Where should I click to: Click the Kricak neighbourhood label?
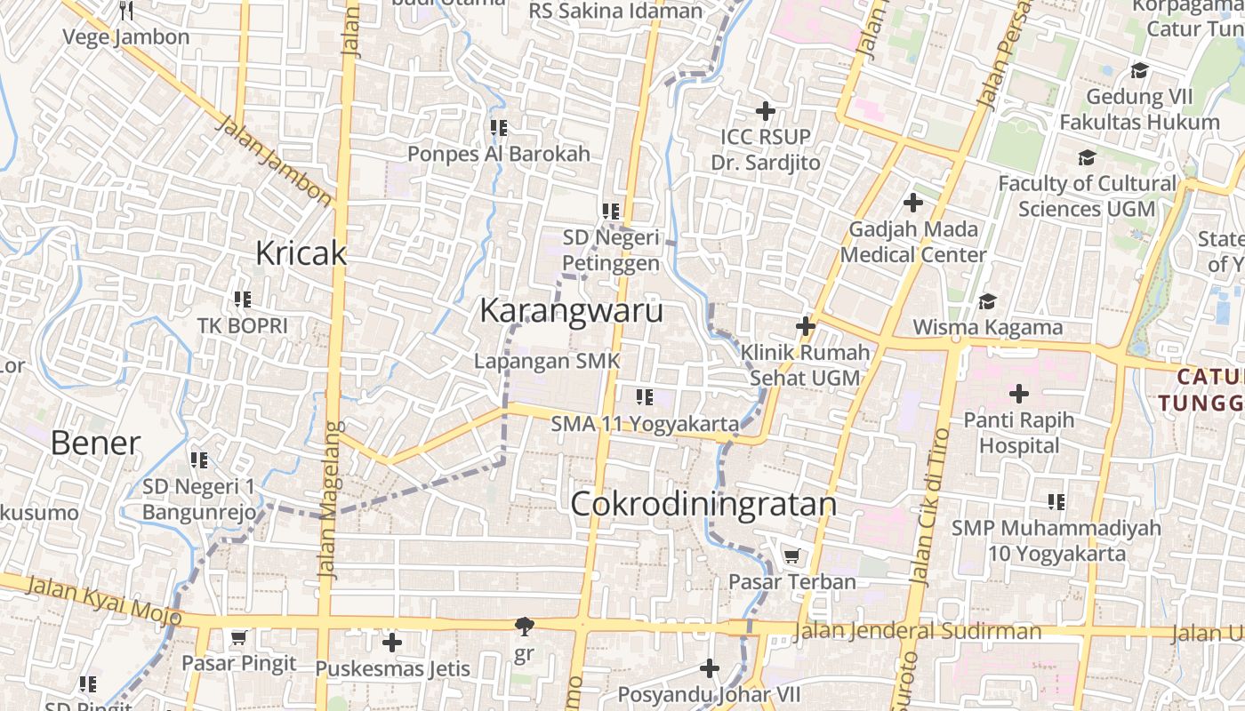point(301,253)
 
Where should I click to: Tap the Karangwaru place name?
point(571,311)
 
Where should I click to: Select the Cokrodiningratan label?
point(703,504)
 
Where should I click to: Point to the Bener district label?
point(95,443)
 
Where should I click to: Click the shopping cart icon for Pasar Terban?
point(791,556)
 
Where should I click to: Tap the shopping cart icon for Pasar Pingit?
point(238,637)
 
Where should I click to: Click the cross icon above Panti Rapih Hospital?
point(1019,393)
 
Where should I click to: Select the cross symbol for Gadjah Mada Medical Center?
point(913,203)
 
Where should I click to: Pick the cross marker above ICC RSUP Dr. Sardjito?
point(765,111)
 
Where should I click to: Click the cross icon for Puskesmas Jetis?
point(392,642)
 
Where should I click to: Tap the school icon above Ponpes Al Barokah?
point(499,128)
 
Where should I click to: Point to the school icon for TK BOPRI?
point(242,300)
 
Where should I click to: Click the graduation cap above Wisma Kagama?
point(987,301)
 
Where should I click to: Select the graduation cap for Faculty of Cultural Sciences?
point(1087,157)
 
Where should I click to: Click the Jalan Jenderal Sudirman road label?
point(916,631)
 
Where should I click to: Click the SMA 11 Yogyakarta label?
point(645,424)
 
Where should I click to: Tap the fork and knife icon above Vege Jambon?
point(126,11)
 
